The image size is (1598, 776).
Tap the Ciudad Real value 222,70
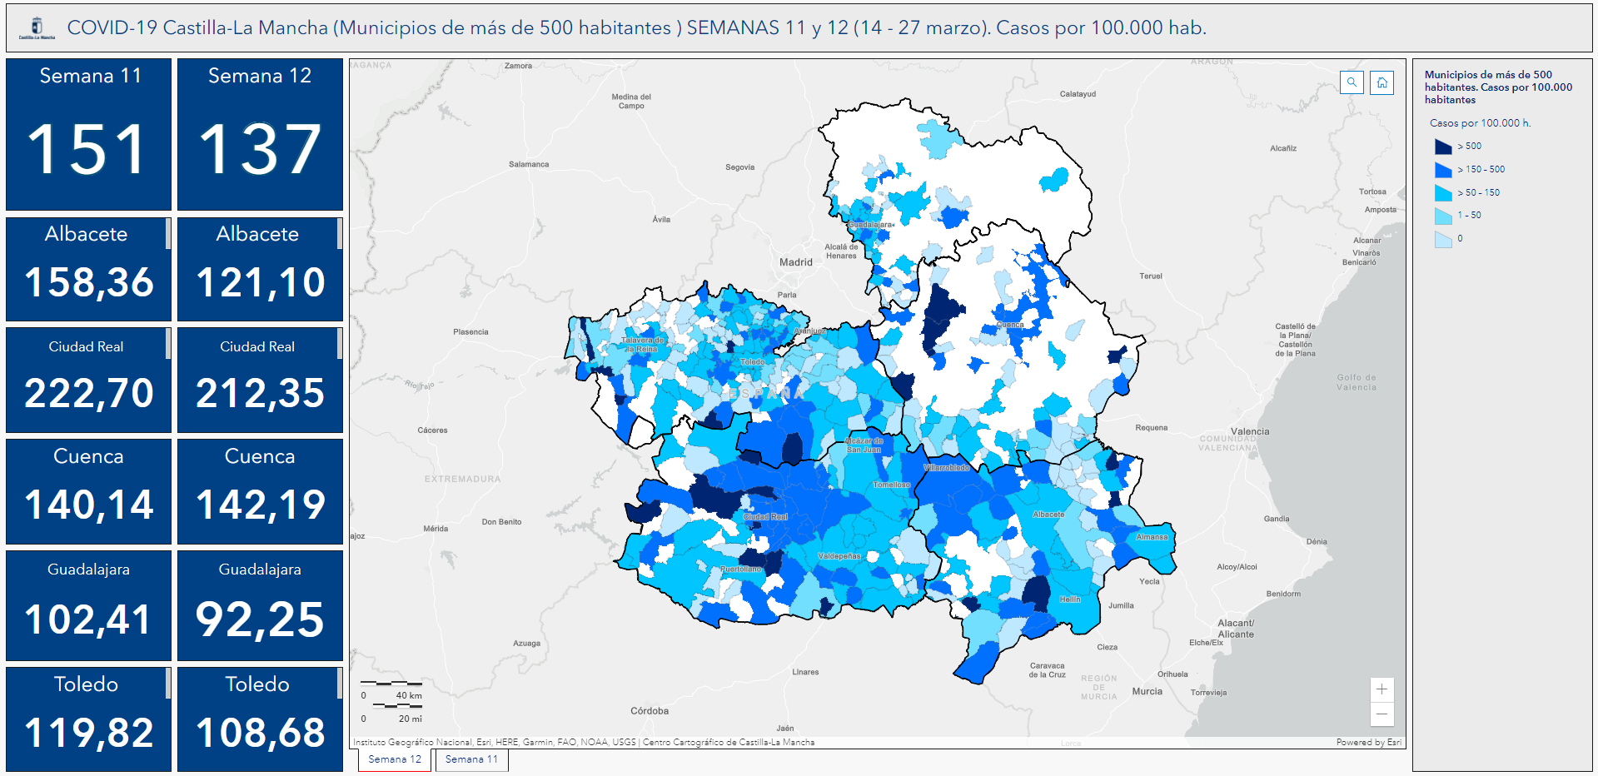tap(88, 393)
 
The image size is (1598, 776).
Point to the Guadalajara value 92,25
tap(260, 619)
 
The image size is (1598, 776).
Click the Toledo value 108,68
tap(260, 733)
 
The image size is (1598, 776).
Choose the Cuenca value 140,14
tap(88, 505)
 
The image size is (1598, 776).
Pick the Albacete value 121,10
tap(260, 282)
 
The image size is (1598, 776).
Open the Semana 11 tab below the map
tap(471, 759)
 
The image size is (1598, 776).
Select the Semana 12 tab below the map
tap(395, 759)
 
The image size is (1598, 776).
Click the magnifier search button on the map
tap(1352, 82)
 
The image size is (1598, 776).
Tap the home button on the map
tap(1382, 82)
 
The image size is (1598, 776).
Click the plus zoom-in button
tap(1381, 689)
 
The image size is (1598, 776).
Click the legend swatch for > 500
tap(1443, 147)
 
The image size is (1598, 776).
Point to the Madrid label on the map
tap(795, 262)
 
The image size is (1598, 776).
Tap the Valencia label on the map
tap(1250, 431)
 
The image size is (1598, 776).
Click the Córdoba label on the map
tap(650, 711)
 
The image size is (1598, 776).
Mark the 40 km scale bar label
tap(408, 695)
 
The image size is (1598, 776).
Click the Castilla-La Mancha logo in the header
tap(37, 28)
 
